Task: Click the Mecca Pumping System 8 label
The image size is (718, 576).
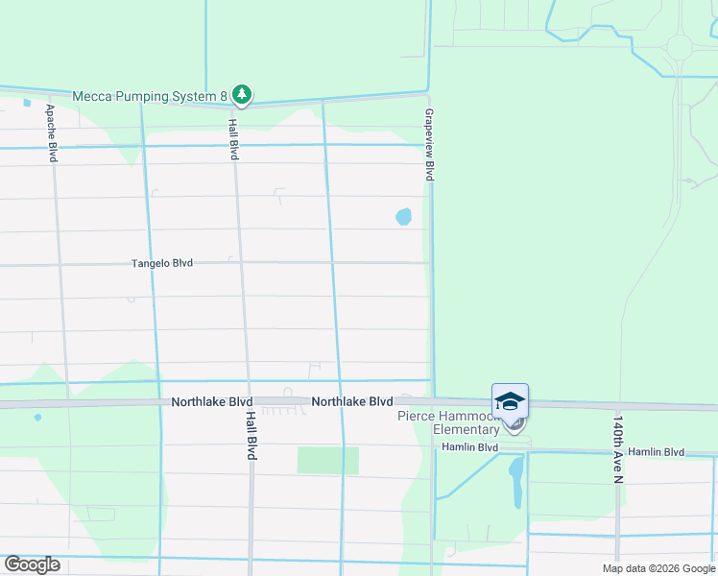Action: pyautogui.click(x=151, y=95)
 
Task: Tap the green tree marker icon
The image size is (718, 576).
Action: pyautogui.click(x=244, y=94)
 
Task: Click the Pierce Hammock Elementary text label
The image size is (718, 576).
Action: pyautogui.click(x=450, y=422)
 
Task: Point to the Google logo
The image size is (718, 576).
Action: pyautogui.click(x=32, y=564)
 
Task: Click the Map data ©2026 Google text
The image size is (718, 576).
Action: pyautogui.click(x=658, y=568)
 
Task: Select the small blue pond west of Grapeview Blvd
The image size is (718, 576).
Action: pyautogui.click(x=404, y=217)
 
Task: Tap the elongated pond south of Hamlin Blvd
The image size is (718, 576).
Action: pyautogui.click(x=515, y=482)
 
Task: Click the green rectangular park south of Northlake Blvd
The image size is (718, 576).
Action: pyautogui.click(x=327, y=460)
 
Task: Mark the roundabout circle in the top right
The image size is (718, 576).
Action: pyautogui.click(x=680, y=46)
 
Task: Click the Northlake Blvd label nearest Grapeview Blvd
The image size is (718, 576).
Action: pyautogui.click(x=352, y=401)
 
